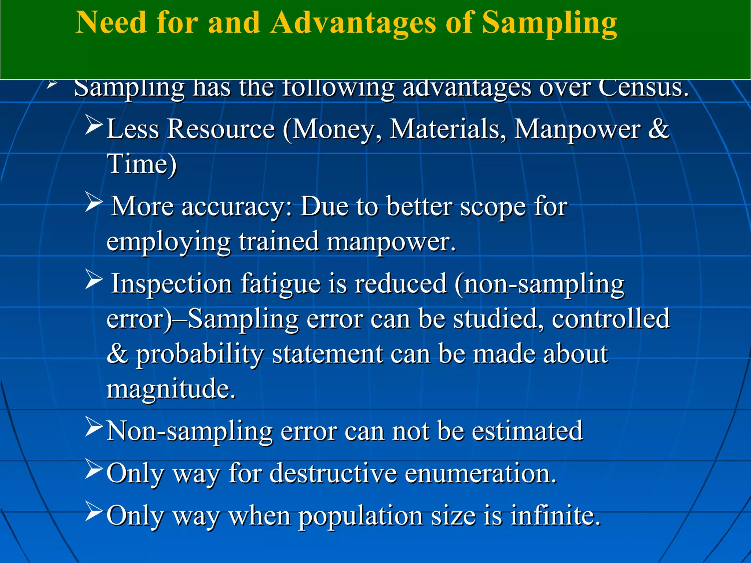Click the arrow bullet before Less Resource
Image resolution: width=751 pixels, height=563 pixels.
pyautogui.click(x=93, y=125)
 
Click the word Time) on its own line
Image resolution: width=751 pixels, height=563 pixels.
pyautogui.click(x=142, y=164)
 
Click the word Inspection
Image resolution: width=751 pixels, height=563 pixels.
pyautogui.click(x=171, y=283)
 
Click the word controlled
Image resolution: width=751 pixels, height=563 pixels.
pyautogui.click(x=611, y=319)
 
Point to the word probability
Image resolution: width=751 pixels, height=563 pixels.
pyautogui.click(x=200, y=354)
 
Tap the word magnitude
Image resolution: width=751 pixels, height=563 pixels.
pyautogui.click(x=171, y=389)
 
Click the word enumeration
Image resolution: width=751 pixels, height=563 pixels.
pyautogui.click(x=480, y=473)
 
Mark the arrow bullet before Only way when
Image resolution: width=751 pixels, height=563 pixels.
pyautogui.click(x=93, y=511)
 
